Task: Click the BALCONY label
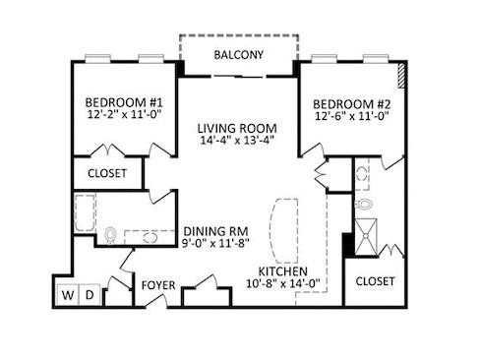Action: (x=238, y=55)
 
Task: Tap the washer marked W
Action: (x=68, y=295)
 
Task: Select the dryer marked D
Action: (x=90, y=295)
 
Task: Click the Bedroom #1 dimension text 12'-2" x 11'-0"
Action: (x=125, y=115)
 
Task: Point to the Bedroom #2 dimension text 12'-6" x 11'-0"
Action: (x=352, y=116)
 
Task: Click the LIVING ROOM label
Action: (x=237, y=128)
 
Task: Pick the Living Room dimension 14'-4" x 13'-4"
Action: (x=237, y=140)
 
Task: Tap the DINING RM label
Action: (x=215, y=231)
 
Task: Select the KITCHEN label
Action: (x=283, y=271)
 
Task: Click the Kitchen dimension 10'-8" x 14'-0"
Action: (x=283, y=283)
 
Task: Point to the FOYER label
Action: (x=158, y=285)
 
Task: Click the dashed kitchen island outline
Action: (x=283, y=230)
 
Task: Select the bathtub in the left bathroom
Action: (x=86, y=212)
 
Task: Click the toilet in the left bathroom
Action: (x=110, y=235)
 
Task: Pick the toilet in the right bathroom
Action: (x=364, y=205)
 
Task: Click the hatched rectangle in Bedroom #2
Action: (x=401, y=76)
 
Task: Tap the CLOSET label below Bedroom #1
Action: (x=107, y=173)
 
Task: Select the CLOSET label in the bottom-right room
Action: (x=375, y=281)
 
